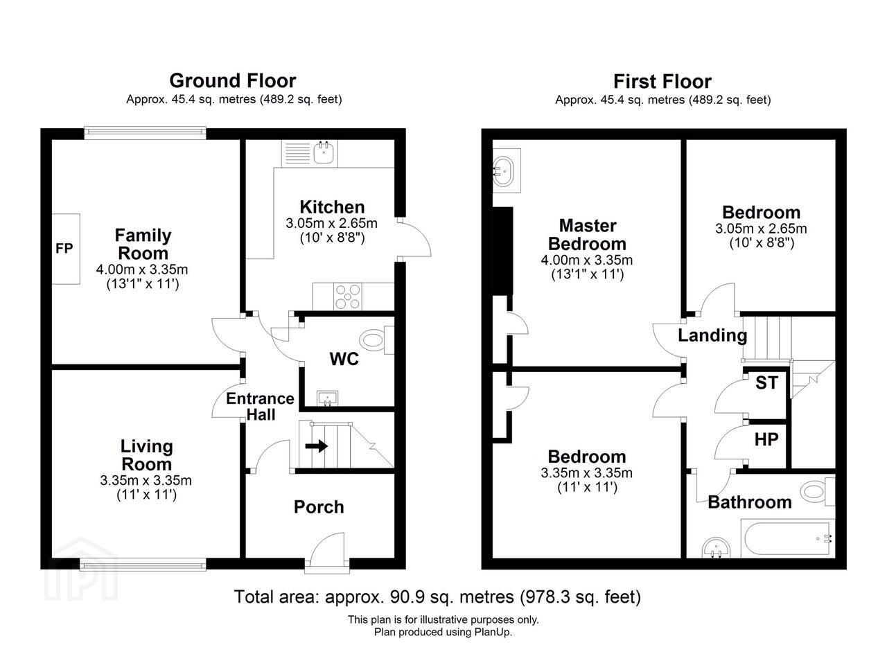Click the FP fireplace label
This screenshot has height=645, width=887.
click(64, 249)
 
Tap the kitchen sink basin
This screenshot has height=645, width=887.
click(324, 153)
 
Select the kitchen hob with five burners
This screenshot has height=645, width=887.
click(348, 296)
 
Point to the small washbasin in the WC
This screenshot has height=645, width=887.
click(328, 398)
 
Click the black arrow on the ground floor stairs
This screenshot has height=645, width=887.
click(317, 446)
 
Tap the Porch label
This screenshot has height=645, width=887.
click(319, 507)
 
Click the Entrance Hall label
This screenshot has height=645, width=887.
click(260, 406)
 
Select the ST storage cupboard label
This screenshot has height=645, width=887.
click(766, 383)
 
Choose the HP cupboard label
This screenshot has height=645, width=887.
click(766, 439)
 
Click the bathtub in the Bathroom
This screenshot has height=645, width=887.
click(788, 539)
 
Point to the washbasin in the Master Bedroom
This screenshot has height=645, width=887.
click(507, 170)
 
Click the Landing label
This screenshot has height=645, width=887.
click(712, 335)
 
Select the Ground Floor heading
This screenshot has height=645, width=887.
click(233, 81)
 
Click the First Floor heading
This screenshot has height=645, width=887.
click(662, 82)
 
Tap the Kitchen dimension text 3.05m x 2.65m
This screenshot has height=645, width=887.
click(331, 223)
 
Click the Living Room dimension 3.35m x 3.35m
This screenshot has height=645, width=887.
click(146, 481)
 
